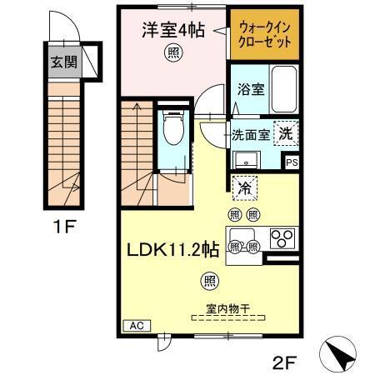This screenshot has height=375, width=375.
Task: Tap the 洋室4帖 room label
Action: (x=173, y=31)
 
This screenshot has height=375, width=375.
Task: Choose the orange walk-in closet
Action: (x=264, y=34)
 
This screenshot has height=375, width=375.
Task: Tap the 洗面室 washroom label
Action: (x=250, y=134)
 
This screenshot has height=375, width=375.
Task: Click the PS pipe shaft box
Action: (x=291, y=163)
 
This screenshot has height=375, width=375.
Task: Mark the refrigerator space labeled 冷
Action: (x=244, y=189)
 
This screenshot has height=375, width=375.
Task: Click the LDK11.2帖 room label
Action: (x=172, y=248)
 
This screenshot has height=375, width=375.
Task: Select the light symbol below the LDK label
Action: (x=205, y=279)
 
